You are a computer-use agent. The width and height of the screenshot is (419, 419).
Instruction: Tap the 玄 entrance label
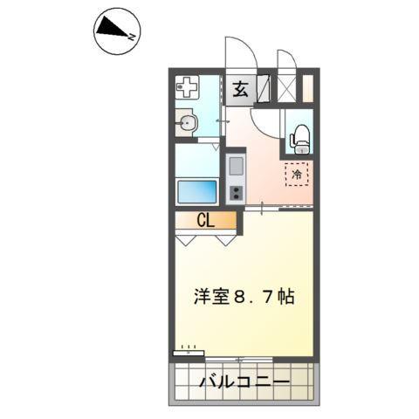[x=240, y=88]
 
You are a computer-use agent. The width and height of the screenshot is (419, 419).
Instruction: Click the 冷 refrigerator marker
[x=297, y=175]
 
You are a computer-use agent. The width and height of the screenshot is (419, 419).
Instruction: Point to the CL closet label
[x=204, y=220]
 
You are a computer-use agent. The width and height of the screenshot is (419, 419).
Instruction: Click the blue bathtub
[x=197, y=190]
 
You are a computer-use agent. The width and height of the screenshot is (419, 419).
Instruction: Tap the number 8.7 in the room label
[x=254, y=297]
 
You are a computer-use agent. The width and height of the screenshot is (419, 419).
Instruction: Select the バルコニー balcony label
[x=239, y=382]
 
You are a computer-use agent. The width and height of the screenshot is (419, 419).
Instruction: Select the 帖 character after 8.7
[x=285, y=297]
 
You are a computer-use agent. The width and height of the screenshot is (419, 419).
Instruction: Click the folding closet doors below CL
[x=204, y=237]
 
